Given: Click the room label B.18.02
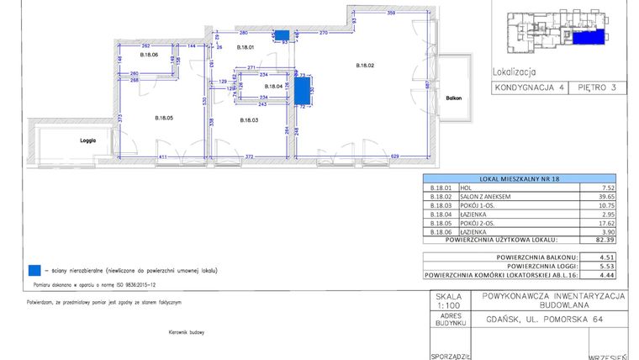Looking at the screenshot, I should pos(365,66).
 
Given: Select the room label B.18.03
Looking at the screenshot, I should pos(249,120).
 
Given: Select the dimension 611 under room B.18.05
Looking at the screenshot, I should pos(164,157).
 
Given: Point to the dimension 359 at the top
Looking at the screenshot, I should pos(391,13).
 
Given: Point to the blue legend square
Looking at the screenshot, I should pos(34,271).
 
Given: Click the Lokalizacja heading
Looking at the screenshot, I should pos(513,72).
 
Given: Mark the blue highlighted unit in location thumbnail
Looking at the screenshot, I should pos(590,37).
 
